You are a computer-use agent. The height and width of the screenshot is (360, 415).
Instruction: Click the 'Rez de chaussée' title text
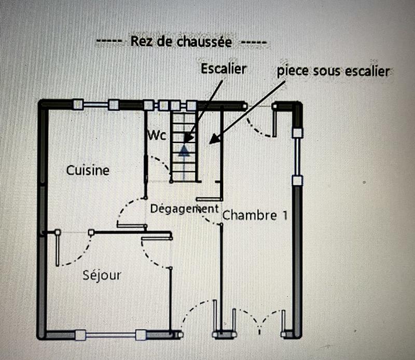coord(181,41)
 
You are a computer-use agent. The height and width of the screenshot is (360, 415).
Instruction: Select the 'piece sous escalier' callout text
coord(332,71)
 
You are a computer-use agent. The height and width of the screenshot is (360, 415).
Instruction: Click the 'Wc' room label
coord(157,135)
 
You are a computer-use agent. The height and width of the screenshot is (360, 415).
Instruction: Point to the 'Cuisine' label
coord(88,170)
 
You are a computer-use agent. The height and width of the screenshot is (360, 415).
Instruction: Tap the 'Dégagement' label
coord(184,209)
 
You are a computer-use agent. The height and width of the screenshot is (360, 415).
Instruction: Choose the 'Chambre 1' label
coord(255,215)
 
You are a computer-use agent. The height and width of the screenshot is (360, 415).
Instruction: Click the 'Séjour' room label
coord(102,275)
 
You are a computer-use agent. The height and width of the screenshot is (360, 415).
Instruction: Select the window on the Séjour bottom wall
coord(109,335)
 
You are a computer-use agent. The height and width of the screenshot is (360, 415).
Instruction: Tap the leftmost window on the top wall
coord(95,105)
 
